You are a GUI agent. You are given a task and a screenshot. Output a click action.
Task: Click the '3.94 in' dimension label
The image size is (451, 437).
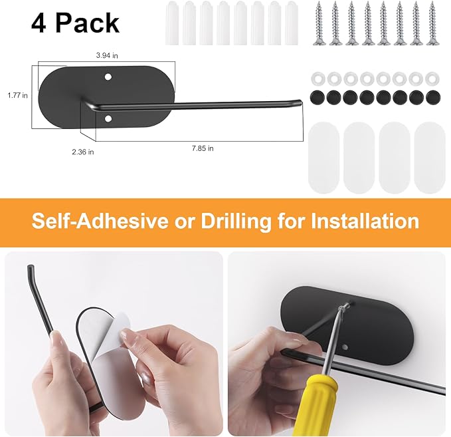tap(107, 56)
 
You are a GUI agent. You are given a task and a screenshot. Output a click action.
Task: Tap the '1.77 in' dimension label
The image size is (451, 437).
tap(17, 95)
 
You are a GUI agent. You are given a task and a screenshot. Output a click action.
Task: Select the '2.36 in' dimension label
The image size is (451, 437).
tap(83, 152)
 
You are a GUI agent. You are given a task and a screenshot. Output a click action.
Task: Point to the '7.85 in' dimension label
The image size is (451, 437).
tap(203, 148)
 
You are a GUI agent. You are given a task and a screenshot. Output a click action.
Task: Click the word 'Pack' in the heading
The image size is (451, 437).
tap(87, 23)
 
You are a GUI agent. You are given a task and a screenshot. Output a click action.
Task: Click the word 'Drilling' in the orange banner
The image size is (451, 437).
tap(236, 221)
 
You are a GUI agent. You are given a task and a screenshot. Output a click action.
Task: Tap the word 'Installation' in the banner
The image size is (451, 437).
tap(365, 221)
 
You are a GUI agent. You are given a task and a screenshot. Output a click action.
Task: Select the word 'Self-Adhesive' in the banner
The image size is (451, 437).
tap(100, 221)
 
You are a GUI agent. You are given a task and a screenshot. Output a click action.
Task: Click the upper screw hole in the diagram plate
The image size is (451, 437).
tap(108, 77)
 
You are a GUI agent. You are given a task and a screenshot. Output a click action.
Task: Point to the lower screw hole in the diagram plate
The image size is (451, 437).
tap(108, 118)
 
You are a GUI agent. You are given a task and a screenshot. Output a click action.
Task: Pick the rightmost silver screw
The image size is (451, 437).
tap(432, 23)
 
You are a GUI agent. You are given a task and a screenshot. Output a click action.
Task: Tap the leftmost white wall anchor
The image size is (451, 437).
tap(172, 23)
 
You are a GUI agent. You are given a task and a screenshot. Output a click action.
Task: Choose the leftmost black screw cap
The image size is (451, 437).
tap(317, 97)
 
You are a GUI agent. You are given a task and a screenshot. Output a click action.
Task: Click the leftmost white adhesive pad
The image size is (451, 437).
tap(323, 157)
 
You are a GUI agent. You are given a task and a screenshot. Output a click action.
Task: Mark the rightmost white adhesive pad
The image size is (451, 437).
tap(430, 157)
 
